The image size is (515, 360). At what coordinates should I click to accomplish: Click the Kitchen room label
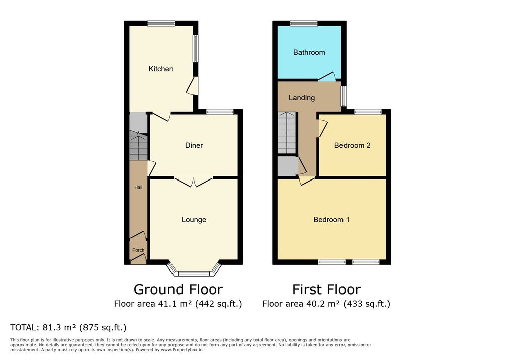160,69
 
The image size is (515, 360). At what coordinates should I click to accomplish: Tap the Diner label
194,145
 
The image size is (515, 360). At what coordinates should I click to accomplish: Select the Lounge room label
194,219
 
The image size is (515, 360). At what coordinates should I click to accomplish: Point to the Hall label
138,187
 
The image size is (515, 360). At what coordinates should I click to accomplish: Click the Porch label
138,250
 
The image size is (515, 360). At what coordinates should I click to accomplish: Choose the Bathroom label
309,52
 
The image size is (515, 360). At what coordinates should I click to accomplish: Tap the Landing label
302,98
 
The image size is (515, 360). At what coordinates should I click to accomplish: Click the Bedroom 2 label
352,145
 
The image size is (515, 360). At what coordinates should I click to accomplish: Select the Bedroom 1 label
331,219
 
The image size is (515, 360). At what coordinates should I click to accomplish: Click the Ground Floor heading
178,290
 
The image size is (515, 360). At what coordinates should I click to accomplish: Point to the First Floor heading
326,290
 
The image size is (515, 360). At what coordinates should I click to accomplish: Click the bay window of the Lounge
194,268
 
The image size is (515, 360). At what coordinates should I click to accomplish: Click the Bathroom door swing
327,76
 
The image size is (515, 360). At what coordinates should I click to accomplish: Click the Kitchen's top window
161,23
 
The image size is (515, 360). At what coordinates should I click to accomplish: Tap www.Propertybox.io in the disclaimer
182,350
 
